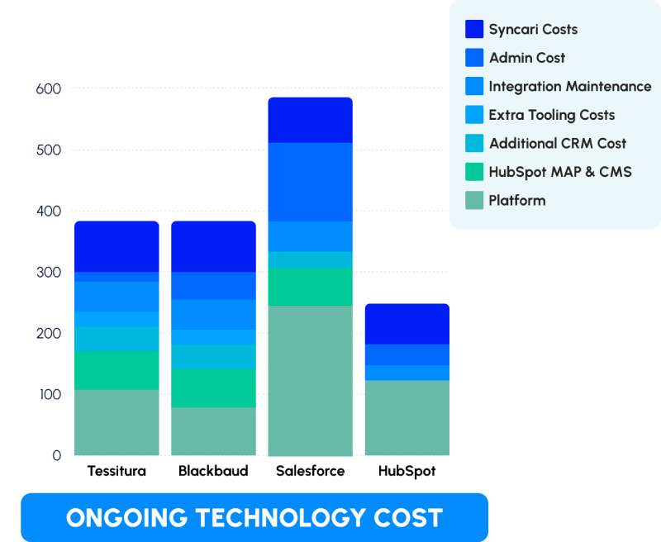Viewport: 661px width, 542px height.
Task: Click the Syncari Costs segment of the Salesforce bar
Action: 311,120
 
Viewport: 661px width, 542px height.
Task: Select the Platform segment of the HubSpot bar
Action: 407,418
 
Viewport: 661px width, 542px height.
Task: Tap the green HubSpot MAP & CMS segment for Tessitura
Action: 117,370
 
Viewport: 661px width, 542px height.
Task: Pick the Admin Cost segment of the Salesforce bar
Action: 311,182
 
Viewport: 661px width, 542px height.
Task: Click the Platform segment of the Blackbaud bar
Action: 214,431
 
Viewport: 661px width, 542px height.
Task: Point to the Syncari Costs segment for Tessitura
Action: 117,246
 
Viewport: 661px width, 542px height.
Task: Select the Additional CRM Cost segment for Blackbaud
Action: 214,357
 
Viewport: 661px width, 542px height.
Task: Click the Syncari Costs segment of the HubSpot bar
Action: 407,324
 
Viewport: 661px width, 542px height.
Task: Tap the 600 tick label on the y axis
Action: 49,89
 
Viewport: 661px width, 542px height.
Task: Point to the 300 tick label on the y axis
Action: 49,273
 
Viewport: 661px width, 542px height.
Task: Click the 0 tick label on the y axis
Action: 56,455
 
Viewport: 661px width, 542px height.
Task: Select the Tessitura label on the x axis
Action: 117,471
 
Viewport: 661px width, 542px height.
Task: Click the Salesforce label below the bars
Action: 311,471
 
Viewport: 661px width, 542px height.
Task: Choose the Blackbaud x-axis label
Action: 213,471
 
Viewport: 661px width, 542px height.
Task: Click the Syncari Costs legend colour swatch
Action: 474,29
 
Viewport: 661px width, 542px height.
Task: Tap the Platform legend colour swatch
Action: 474,200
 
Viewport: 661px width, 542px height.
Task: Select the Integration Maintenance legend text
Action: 570,87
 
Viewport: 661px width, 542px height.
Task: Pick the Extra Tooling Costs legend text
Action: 552,115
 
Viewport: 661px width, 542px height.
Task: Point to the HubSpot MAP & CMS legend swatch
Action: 474,172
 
